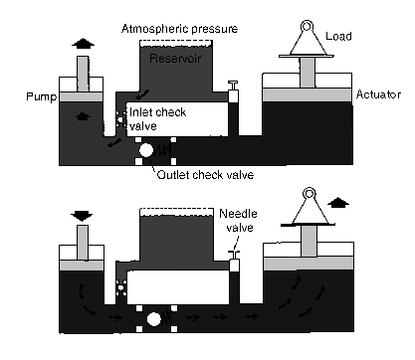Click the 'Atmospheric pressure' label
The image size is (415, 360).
[179, 29]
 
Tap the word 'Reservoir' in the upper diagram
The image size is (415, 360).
[175, 59]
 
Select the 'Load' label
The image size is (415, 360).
[338, 36]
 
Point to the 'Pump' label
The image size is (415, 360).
[42, 96]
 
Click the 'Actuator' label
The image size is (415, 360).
[378, 94]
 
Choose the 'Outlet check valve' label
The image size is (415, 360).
[205, 175]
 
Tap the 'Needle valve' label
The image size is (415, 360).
[239, 221]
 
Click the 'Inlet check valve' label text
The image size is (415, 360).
[157, 119]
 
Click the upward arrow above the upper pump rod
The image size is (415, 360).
[83, 44]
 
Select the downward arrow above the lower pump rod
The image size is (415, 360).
[82, 216]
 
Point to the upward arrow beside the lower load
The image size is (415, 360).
[338, 203]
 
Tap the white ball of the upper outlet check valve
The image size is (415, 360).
[146, 150]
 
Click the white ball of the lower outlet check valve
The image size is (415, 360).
[153, 319]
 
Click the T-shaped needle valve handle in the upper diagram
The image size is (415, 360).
[234, 86]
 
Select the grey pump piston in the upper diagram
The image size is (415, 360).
[81, 97]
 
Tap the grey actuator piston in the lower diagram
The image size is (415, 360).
[309, 264]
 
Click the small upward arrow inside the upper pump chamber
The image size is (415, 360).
[83, 116]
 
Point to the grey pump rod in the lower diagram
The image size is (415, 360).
[83, 243]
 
